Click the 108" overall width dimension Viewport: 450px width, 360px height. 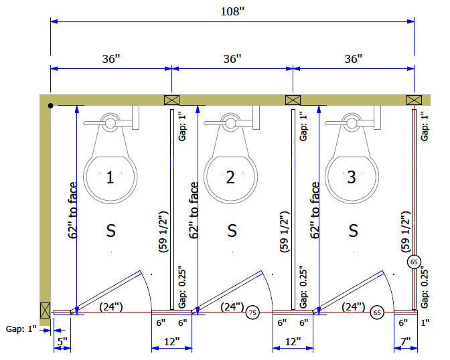click(x=232, y=12)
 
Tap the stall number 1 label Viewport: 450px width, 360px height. click(x=110, y=177)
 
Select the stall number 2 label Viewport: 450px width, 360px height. click(x=230, y=177)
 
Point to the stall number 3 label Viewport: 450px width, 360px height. click(x=352, y=177)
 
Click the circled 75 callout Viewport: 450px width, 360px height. click(x=252, y=312)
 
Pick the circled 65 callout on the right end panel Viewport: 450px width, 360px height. click(x=414, y=262)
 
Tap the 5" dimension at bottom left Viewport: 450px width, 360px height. click(x=62, y=341)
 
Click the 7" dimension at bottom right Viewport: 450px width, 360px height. click(x=406, y=341)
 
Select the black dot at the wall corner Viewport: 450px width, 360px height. click(x=50, y=106)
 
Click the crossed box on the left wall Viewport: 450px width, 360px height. click(x=45, y=310)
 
